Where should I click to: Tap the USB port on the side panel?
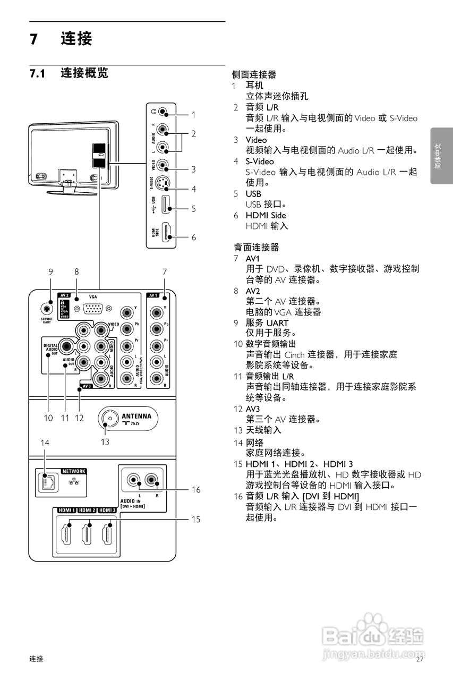[166, 205]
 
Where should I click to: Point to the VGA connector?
[93, 309]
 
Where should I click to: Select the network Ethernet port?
[45, 481]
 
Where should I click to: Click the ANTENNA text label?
[136, 415]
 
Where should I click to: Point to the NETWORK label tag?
[74, 471]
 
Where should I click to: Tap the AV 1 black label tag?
[153, 295]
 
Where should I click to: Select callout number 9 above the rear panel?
[50, 271]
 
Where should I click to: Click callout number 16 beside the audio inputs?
[196, 490]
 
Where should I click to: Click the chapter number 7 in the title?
[34, 39]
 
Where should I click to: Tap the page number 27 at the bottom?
[420, 659]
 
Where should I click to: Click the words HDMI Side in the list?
[266, 215]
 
